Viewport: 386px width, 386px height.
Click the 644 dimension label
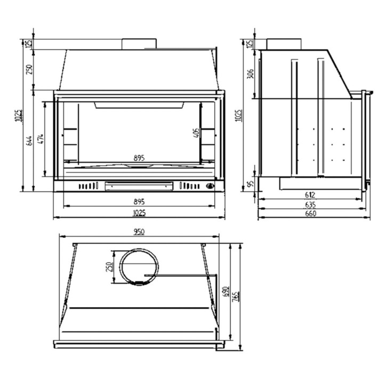click(29, 140)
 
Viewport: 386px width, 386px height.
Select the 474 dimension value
click(41, 140)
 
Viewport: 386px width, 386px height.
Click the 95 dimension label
click(251, 184)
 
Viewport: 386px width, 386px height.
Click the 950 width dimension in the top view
click(139, 232)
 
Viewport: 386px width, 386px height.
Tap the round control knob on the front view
click(210, 186)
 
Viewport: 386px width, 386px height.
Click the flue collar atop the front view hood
click(139, 44)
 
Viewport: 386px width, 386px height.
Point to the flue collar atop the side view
click(283, 44)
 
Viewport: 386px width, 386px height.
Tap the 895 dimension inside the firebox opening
click(139, 158)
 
